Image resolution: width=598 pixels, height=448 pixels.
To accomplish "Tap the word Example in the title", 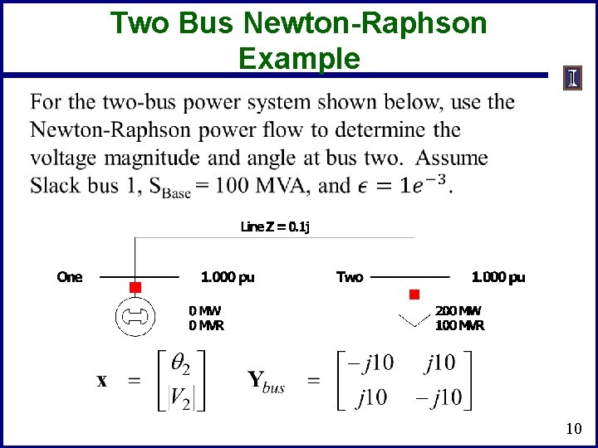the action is pos(299,59).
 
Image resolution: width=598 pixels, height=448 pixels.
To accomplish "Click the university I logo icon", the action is pos(573,79).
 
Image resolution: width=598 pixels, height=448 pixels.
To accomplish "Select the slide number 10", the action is pos(572,429).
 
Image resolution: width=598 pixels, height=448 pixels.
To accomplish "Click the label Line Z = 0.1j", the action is pos(275,226).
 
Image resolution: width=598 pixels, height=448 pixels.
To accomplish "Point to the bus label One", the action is pos(70,277).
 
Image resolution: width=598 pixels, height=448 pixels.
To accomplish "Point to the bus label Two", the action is pos(350,277).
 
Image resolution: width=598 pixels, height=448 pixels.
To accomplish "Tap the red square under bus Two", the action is pos(414,295).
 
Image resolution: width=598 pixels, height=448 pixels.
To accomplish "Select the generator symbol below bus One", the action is pos(135,316).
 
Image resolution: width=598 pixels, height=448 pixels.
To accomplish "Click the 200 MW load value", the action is pos(458,310).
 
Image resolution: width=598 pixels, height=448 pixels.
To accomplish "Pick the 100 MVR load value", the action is pos(459,325).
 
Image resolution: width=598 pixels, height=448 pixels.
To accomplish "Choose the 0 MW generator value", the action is pos(205,310).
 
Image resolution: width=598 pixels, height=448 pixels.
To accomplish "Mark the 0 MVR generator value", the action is pos(206,325).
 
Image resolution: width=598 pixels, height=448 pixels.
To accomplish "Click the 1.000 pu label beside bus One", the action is pos(228,277).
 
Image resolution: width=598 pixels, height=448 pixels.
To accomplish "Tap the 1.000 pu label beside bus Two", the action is pos(498,277).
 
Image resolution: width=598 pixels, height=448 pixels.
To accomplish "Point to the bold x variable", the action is pos(102,382).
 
